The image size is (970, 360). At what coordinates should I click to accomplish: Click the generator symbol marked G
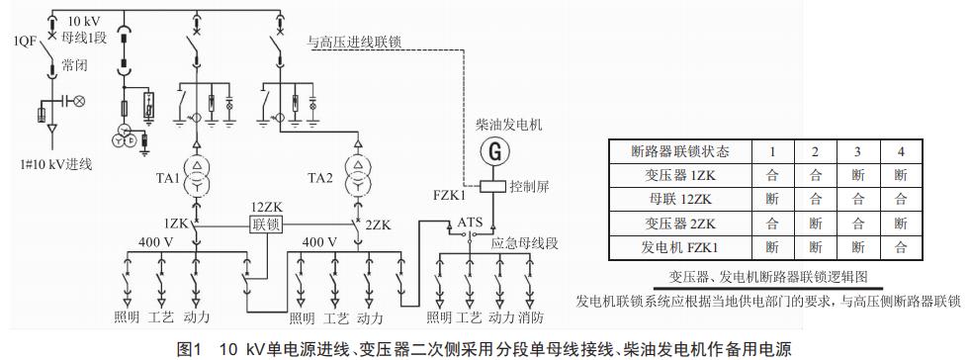[490, 152]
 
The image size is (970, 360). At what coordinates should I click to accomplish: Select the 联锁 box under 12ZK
[266, 225]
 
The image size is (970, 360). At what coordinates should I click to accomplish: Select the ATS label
[469, 223]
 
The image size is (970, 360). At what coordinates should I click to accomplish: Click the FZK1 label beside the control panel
[451, 196]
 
